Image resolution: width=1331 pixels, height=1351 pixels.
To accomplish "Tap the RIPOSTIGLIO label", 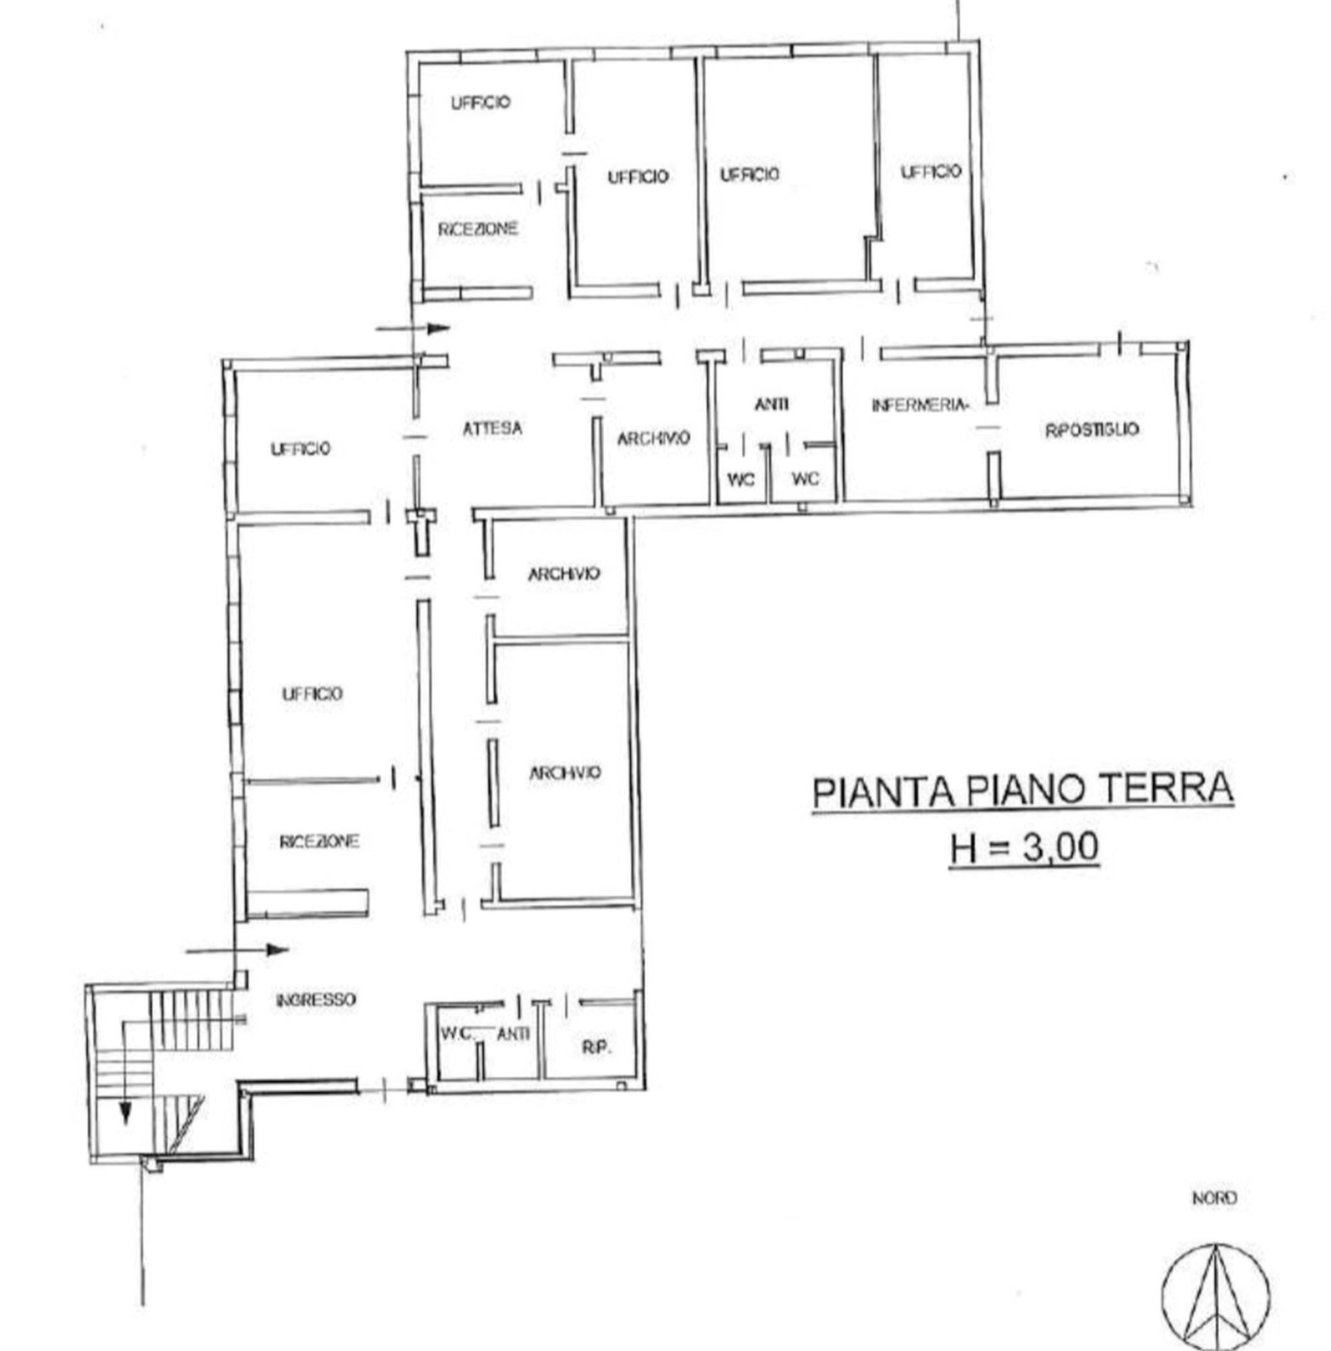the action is point(1092,430).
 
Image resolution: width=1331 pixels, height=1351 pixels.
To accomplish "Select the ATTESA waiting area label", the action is point(492,428).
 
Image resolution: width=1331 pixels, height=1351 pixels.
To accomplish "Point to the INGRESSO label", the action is point(316,1000).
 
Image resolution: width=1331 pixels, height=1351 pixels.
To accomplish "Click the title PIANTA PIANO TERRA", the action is point(1022,790).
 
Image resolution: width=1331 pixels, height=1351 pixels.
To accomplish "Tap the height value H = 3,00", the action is point(1024,848).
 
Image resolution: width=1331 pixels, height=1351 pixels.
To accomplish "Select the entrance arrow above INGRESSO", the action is point(237,950).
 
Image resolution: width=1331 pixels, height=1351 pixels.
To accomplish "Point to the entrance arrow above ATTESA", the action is point(413,327).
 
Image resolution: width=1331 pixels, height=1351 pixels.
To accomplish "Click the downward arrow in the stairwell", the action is point(125,1072).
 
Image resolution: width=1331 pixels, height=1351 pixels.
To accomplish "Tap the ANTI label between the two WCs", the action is point(772,403).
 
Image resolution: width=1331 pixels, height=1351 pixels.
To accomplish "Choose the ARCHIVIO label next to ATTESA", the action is point(653,438).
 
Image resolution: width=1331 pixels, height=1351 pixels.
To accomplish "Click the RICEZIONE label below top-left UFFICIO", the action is point(478,229).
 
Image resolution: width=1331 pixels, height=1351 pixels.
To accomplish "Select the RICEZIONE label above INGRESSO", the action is point(319,841).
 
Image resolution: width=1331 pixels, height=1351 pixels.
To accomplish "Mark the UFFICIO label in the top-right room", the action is point(931,172).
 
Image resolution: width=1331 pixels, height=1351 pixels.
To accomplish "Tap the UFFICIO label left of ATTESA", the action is point(301,449).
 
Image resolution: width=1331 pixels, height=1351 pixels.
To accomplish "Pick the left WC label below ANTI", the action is point(741,479).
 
